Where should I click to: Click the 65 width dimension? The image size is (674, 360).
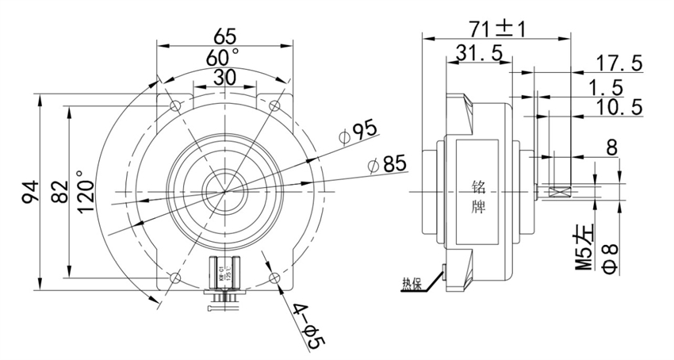coord(225,35)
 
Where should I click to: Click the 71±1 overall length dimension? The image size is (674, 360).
coord(496,29)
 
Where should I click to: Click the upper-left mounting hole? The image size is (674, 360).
coord(174,105)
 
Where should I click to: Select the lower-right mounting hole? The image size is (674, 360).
coord(274,277)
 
